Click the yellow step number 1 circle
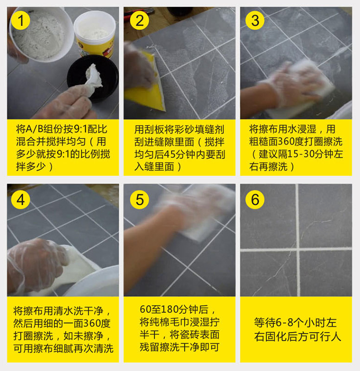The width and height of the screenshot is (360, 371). click(x=21, y=21)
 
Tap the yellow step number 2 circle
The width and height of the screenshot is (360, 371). click(x=139, y=21)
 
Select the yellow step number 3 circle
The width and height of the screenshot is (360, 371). click(x=255, y=21)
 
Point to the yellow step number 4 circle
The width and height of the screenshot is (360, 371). click(x=21, y=199)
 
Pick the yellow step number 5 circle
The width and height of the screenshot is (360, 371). click(x=139, y=199)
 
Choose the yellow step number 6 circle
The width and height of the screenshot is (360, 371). click(x=255, y=199)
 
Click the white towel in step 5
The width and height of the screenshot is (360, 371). click(x=201, y=215)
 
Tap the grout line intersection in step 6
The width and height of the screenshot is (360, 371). click(x=297, y=249)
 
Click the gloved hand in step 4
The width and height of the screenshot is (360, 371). click(x=34, y=264)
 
